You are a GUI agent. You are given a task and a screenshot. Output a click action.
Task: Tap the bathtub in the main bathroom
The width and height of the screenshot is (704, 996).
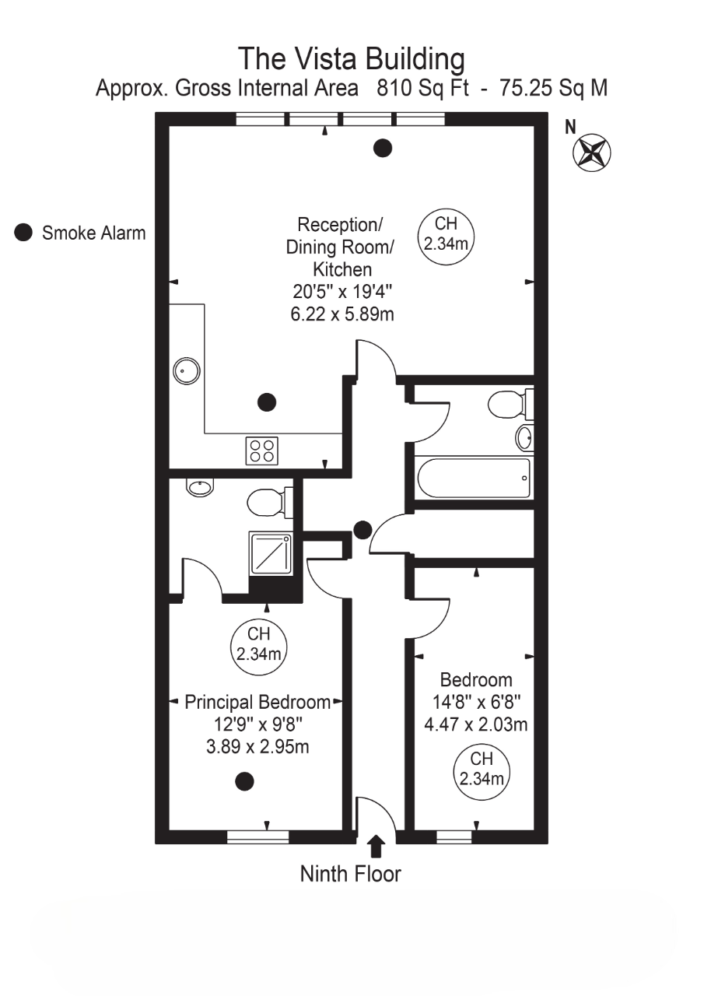click(x=474, y=477)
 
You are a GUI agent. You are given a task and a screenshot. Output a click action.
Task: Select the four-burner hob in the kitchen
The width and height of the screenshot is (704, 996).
click(x=262, y=451)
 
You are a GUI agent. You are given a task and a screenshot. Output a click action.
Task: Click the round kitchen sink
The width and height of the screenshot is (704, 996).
click(x=185, y=371)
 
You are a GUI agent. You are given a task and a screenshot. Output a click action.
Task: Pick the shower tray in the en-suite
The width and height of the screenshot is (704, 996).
click(x=271, y=553)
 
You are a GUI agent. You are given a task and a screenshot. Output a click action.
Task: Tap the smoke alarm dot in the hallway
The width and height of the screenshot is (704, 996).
click(x=362, y=531)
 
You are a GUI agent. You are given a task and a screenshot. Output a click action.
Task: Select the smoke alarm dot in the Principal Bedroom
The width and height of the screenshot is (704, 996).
click(x=245, y=781)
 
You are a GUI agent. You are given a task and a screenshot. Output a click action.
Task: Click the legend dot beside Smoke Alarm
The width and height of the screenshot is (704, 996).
click(x=24, y=232)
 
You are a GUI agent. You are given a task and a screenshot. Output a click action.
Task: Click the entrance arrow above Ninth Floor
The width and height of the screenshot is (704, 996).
click(x=376, y=846)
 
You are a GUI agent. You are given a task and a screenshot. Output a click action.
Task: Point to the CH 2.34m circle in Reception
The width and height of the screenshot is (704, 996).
click(x=446, y=233)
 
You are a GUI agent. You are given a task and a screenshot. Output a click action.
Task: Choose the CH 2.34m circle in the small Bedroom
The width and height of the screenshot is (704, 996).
click(x=482, y=769)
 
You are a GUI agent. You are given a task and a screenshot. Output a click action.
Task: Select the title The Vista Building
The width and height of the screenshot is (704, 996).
click(x=352, y=59)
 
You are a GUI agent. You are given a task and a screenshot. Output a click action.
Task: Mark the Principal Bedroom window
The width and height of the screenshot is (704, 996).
click(x=257, y=837)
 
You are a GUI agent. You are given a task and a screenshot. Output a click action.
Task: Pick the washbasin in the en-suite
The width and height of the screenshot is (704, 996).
click(x=199, y=488)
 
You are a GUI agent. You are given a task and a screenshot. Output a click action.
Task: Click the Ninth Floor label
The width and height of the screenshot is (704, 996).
click(x=351, y=874)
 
